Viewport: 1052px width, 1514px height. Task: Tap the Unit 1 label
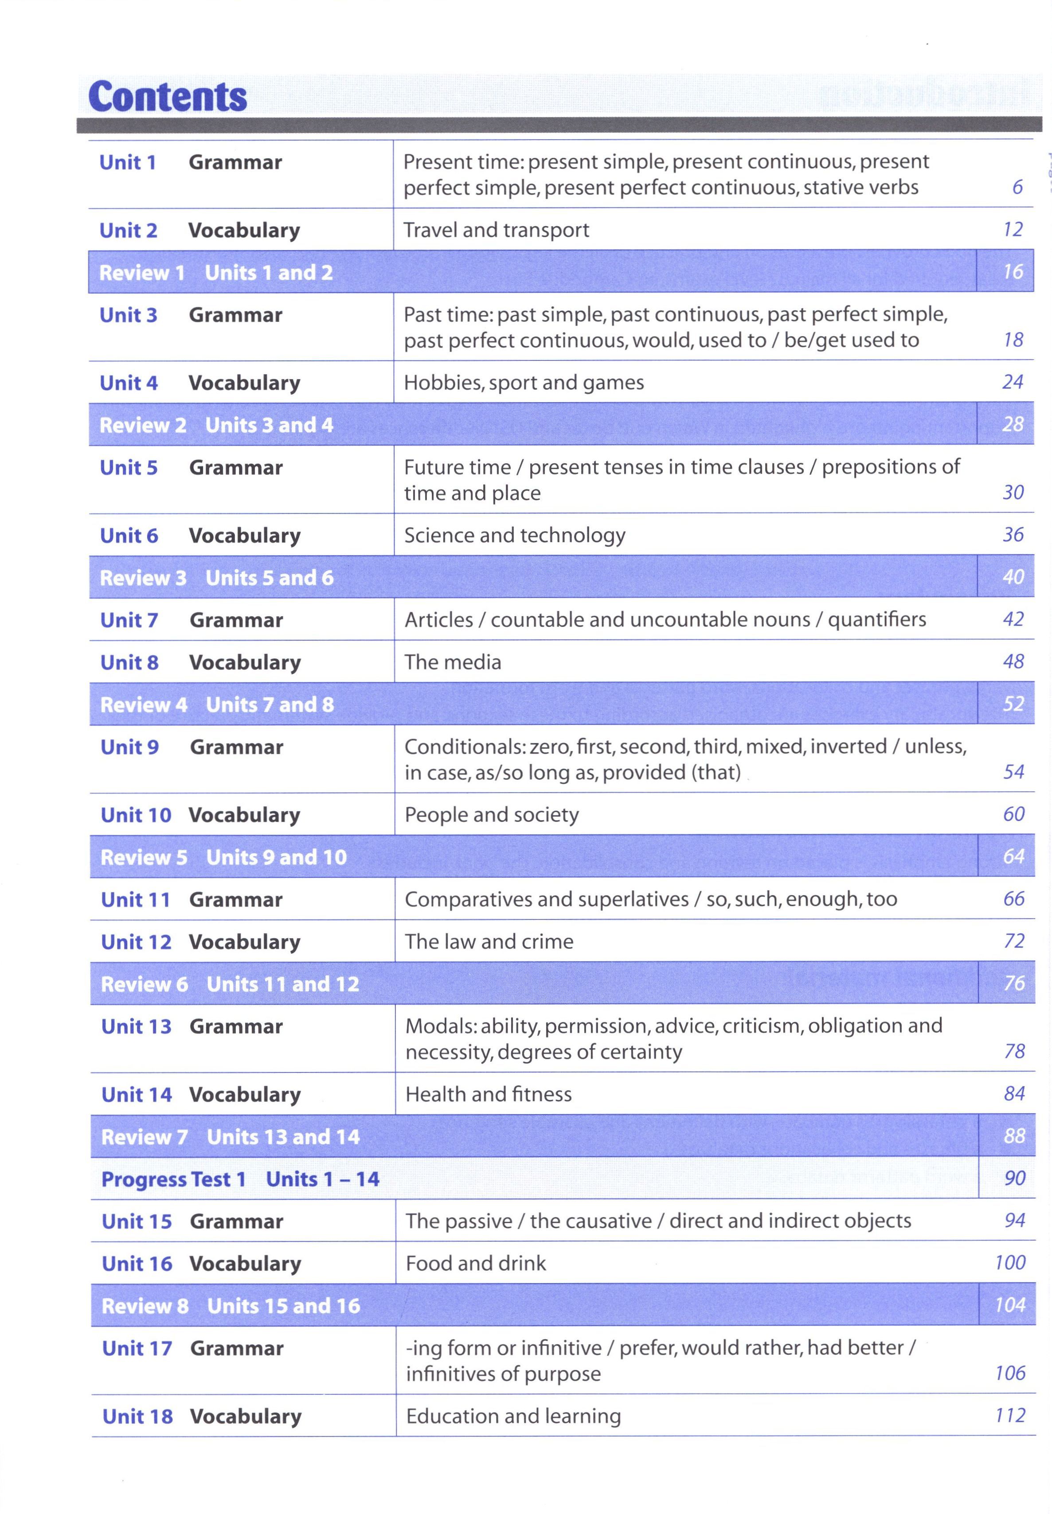coord(127,162)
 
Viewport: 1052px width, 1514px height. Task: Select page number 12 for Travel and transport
coord(1013,229)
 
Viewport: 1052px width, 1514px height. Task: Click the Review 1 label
coord(142,272)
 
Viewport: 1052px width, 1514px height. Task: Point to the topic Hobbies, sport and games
coord(524,382)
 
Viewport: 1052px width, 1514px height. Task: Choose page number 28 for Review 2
coord(1013,424)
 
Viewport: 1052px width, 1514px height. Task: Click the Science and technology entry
coord(514,535)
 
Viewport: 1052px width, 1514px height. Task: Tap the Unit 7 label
coord(129,620)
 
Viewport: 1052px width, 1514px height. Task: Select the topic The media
coord(452,662)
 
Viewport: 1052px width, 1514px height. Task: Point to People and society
coord(491,815)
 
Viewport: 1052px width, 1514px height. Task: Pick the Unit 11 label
coord(135,900)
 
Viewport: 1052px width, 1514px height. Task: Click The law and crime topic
coord(489,941)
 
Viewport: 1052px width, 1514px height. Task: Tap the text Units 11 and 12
coord(283,984)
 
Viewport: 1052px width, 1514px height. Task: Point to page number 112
coord(1010,1415)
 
